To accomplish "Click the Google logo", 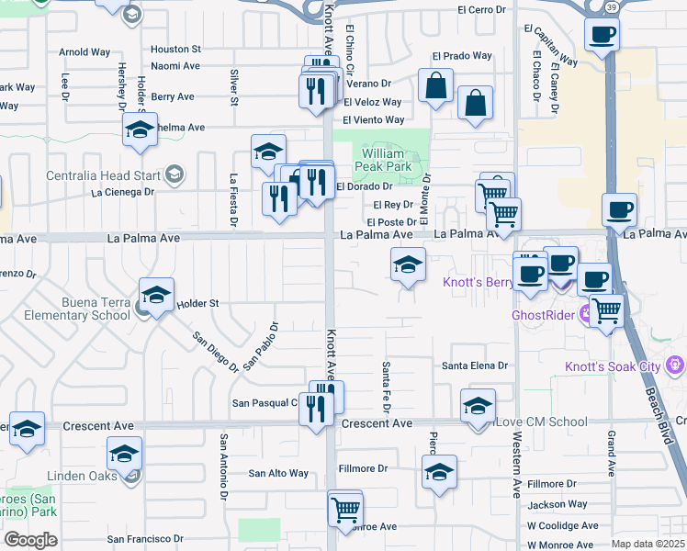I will (30, 539).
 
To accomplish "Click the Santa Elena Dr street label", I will (475, 365).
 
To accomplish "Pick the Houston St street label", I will (175, 49).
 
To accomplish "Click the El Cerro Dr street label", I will (482, 9).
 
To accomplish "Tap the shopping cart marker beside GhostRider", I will (606, 310).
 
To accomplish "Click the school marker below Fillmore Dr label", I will (439, 474).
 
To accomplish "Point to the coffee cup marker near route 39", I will (602, 35).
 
